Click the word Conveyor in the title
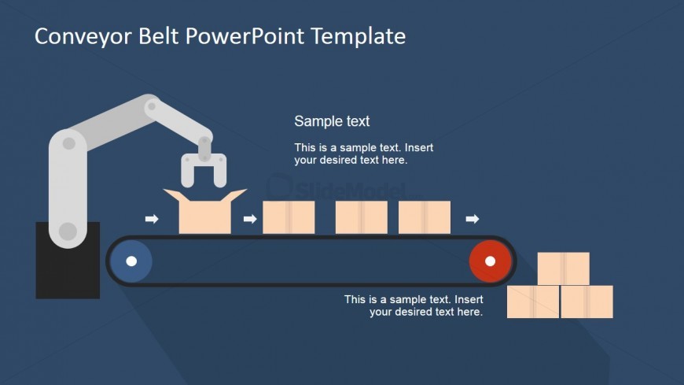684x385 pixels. [x=83, y=37]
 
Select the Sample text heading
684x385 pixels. [x=332, y=121]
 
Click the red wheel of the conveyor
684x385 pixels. [x=491, y=261]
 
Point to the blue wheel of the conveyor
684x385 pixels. [x=131, y=261]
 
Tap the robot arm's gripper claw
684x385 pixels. [x=204, y=168]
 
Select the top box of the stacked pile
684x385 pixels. [x=564, y=268]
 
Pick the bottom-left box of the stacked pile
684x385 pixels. [x=533, y=302]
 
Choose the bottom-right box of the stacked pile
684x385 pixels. [x=587, y=302]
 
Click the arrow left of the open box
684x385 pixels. [x=152, y=219]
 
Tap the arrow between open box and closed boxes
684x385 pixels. [x=250, y=219]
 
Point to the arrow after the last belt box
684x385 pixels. [x=473, y=219]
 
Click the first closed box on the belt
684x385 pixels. [x=289, y=217]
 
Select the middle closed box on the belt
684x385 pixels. [x=362, y=217]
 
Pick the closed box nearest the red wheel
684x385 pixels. [x=425, y=217]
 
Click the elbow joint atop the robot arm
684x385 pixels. [x=152, y=106]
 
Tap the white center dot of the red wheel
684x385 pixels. [x=491, y=261]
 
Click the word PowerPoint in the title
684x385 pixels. [x=245, y=37]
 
